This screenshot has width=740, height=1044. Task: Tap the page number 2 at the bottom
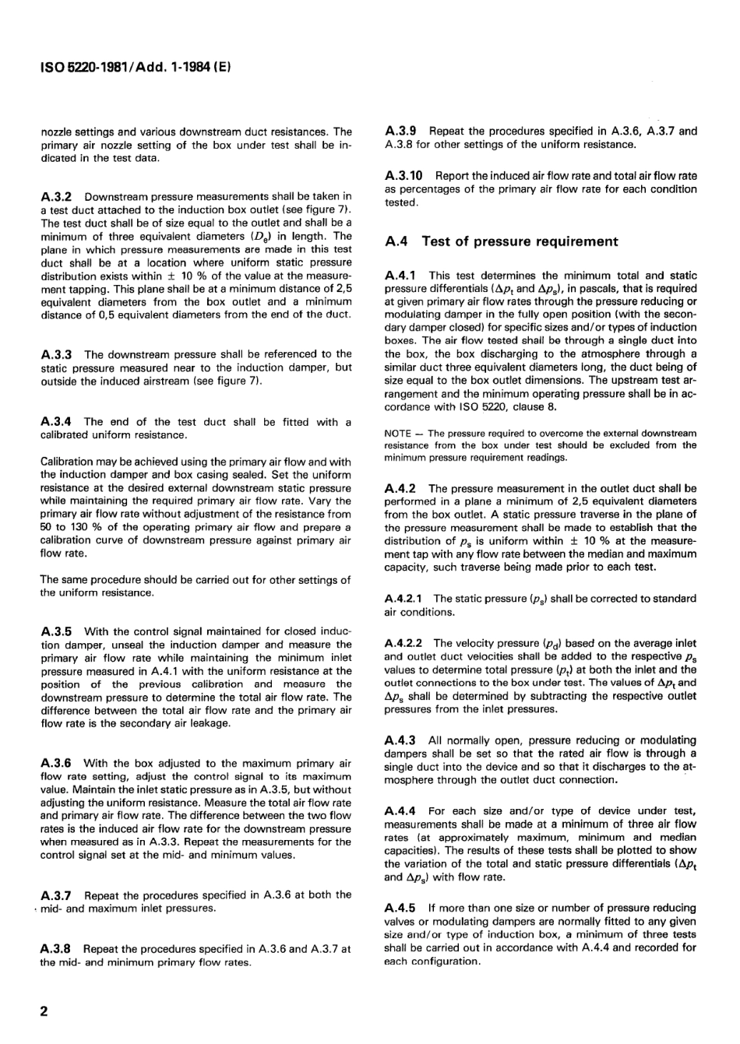point(44,1011)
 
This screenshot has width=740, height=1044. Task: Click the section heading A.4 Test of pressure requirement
point(502,241)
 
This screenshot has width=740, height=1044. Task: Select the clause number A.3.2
point(57,196)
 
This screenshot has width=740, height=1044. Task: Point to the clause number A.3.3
point(57,354)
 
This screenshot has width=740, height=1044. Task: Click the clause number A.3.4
point(57,422)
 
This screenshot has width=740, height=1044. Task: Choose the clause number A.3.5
point(57,631)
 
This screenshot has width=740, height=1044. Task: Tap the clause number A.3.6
point(57,764)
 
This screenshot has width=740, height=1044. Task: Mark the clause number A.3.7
point(57,895)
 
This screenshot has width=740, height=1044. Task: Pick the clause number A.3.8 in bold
point(57,949)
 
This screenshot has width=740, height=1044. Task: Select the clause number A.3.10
point(405,176)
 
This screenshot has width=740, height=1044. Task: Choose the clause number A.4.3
point(401,740)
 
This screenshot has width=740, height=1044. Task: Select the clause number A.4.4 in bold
point(401,811)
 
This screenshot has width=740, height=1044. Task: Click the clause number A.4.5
point(401,909)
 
